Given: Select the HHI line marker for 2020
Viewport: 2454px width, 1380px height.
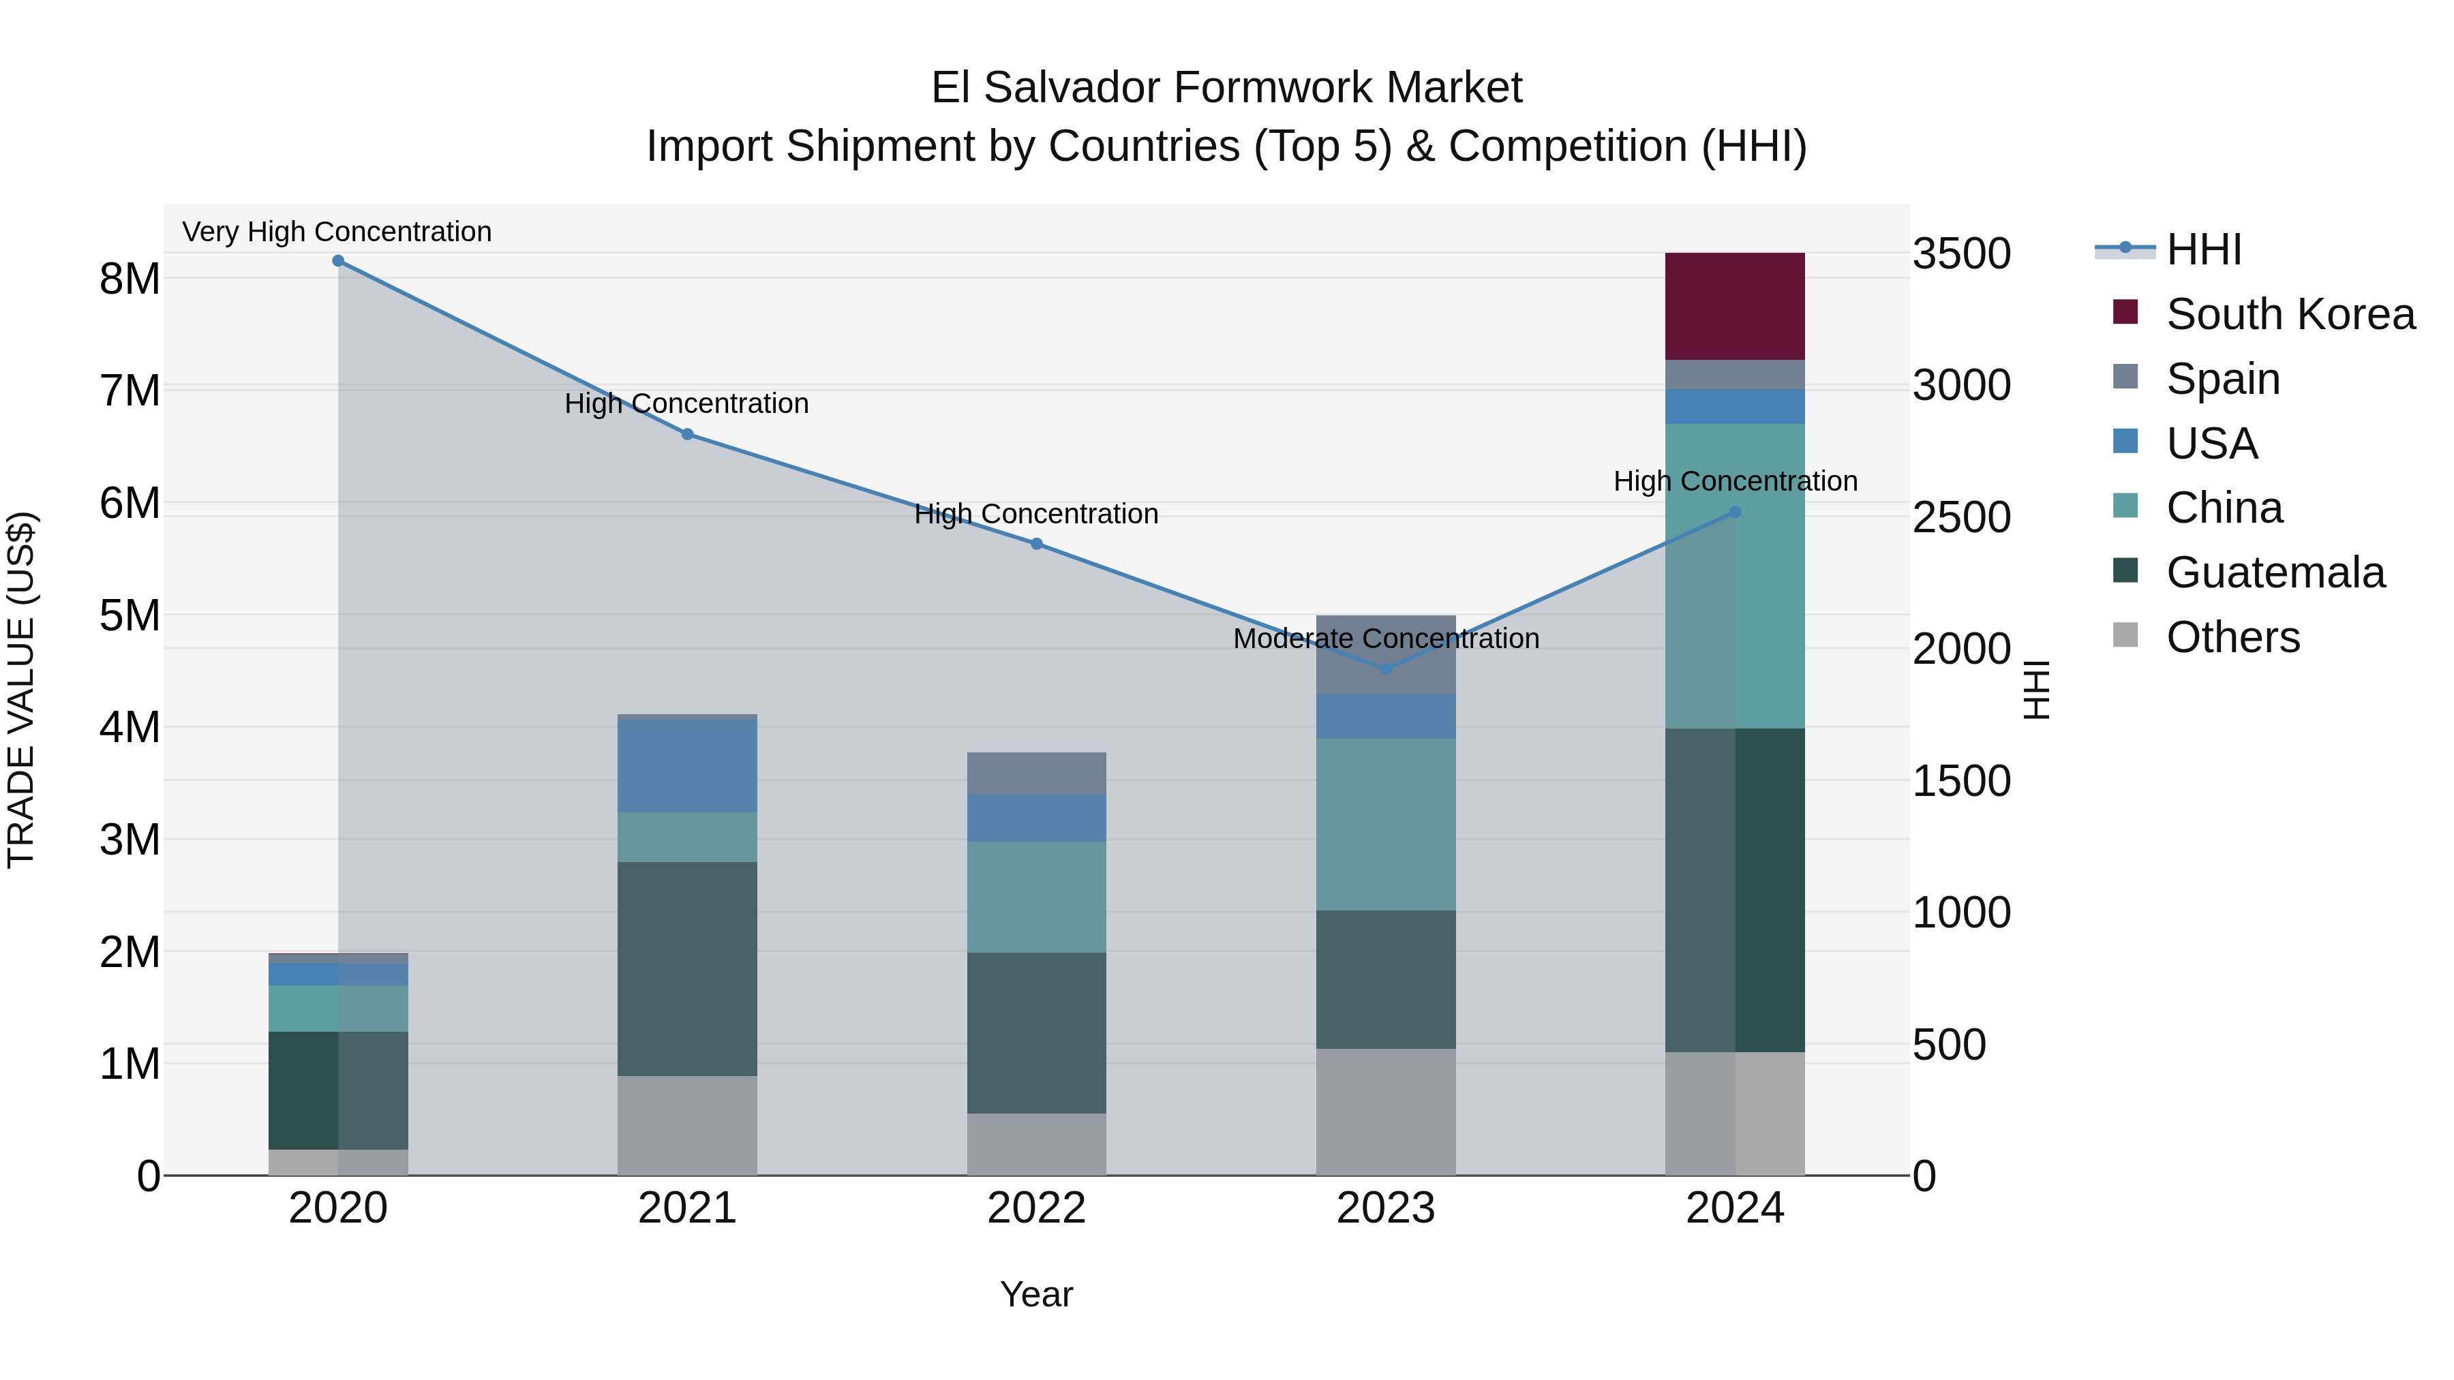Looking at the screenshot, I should tap(338, 261).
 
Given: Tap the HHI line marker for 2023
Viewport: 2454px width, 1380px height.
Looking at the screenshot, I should tap(1386, 669).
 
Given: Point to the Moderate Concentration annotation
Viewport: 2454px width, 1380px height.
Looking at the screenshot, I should tap(1385, 639).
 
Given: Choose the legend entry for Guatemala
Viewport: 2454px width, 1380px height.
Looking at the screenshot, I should tap(2274, 573).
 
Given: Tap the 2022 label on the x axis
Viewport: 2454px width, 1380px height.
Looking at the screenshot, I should tap(1036, 1208).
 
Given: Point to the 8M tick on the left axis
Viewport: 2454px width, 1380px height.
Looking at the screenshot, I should tap(130, 279).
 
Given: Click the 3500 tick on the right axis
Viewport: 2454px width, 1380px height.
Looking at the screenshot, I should tap(1961, 254).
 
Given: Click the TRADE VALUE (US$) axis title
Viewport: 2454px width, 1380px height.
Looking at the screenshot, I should tap(22, 690).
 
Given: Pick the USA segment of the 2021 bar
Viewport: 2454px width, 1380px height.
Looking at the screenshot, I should tap(687, 766).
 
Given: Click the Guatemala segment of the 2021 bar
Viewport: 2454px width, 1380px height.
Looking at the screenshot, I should tap(687, 968).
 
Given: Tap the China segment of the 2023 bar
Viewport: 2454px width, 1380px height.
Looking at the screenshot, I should tap(1385, 825).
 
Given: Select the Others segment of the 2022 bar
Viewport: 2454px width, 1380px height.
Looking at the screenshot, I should tap(1036, 1144).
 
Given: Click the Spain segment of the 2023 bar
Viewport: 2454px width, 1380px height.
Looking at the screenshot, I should tap(1385, 655).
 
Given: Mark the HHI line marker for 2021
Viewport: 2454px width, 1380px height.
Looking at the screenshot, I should tap(687, 434).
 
